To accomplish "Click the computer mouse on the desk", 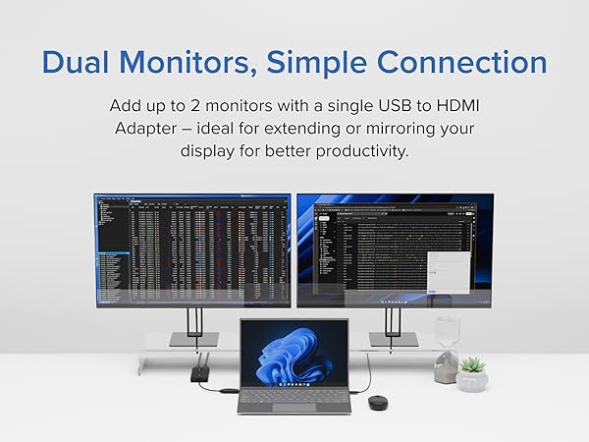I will (377, 402).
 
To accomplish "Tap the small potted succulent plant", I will (471, 373).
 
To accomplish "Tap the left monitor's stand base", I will (194, 339).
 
